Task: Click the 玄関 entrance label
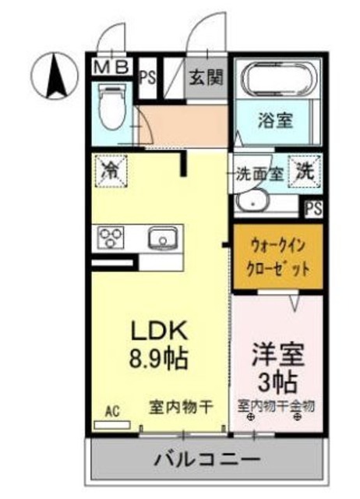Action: click(208, 77)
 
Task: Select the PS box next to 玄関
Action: click(148, 76)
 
